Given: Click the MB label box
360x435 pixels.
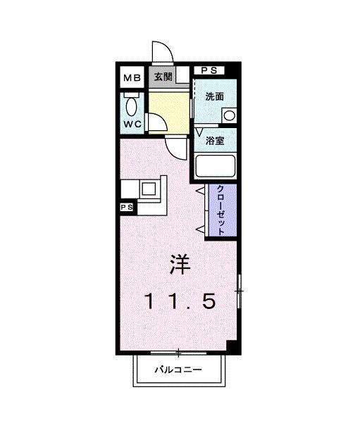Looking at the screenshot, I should (x=132, y=77).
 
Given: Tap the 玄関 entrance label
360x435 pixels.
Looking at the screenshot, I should (x=163, y=77).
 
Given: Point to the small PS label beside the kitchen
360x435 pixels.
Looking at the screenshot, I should (x=127, y=208).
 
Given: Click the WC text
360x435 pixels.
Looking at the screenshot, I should (x=132, y=124).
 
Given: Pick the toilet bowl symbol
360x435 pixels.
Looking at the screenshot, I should (x=132, y=107).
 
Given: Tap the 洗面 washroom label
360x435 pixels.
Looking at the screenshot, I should (x=215, y=97).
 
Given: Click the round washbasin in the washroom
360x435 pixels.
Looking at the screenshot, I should (x=229, y=115).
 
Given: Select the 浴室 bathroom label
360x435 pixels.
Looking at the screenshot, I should (x=215, y=140).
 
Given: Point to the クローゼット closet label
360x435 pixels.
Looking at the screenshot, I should (x=221, y=210).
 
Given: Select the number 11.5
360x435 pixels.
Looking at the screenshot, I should (x=180, y=301).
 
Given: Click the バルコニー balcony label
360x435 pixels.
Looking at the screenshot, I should (x=179, y=370).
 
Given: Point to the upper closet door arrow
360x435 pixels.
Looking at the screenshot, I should (x=200, y=190).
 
